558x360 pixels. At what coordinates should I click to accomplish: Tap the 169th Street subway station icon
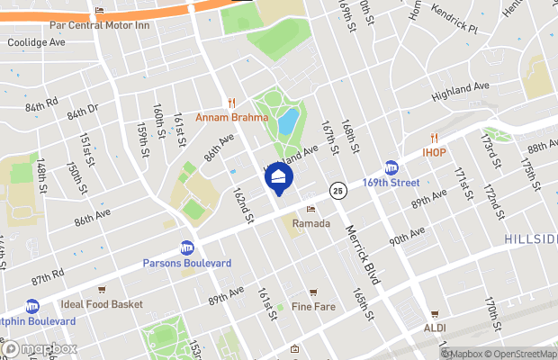tap(391, 167)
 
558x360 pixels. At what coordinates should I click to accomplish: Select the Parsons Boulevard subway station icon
tap(187, 247)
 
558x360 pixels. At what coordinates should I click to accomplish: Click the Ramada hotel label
tap(311, 223)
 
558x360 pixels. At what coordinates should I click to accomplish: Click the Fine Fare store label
tap(313, 306)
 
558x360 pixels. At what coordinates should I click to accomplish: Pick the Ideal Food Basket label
tap(102, 304)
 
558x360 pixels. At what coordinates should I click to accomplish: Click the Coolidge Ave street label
tap(37, 42)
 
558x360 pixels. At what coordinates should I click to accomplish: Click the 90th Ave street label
tap(407, 237)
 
